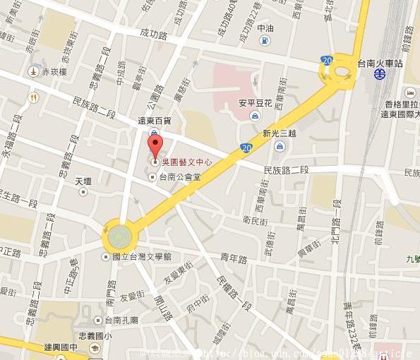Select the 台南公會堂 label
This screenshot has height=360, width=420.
[x=179, y=177]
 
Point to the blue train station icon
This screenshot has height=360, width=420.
[x=380, y=73]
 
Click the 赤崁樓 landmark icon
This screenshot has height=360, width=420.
[x=32, y=72]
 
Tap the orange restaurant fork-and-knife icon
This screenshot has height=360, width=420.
[x=32, y=96]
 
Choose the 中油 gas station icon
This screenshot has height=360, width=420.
[x=263, y=40]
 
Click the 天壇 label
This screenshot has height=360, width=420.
[x=84, y=181]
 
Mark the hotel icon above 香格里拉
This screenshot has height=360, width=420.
[x=410, y=91]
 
